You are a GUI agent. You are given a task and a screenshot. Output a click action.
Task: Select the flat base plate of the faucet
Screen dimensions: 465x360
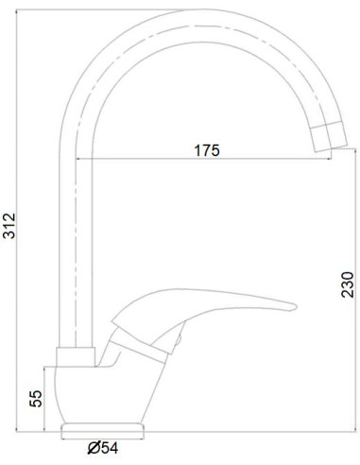[x=101, y=430]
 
